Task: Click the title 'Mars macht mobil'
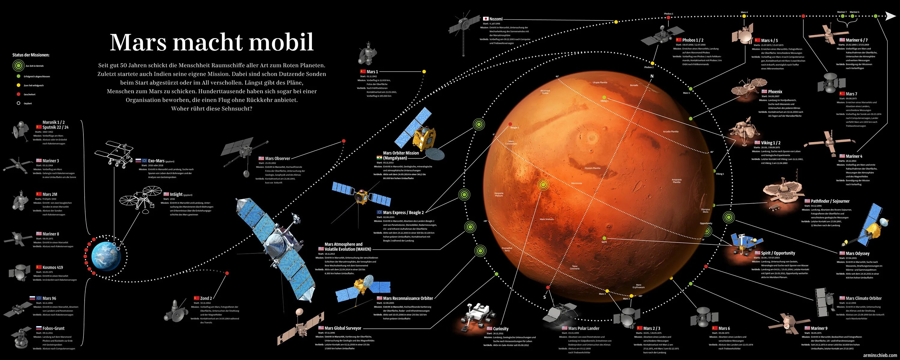coord(212,43)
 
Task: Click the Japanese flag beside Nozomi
coord(486,19)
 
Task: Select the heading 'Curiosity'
coord(501,328)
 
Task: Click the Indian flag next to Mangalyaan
coord(379,158)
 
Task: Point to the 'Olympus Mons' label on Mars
coord(705,211)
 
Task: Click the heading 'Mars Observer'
coord(277,158)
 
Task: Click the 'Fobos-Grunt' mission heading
coord(53,328)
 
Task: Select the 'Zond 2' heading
coord(206,298)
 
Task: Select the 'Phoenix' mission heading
coord(775,92)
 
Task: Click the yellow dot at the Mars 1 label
coord(424,72)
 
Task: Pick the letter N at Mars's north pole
coord(652,76)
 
